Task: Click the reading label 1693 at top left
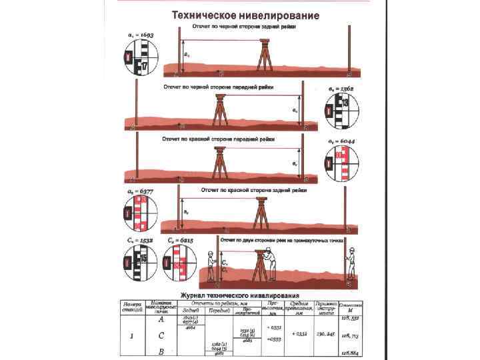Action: coord(141,35)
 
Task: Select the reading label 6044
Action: coord(341,143)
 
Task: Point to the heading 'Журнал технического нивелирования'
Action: coord(246,295)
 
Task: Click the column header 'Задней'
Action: coord(190,310)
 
